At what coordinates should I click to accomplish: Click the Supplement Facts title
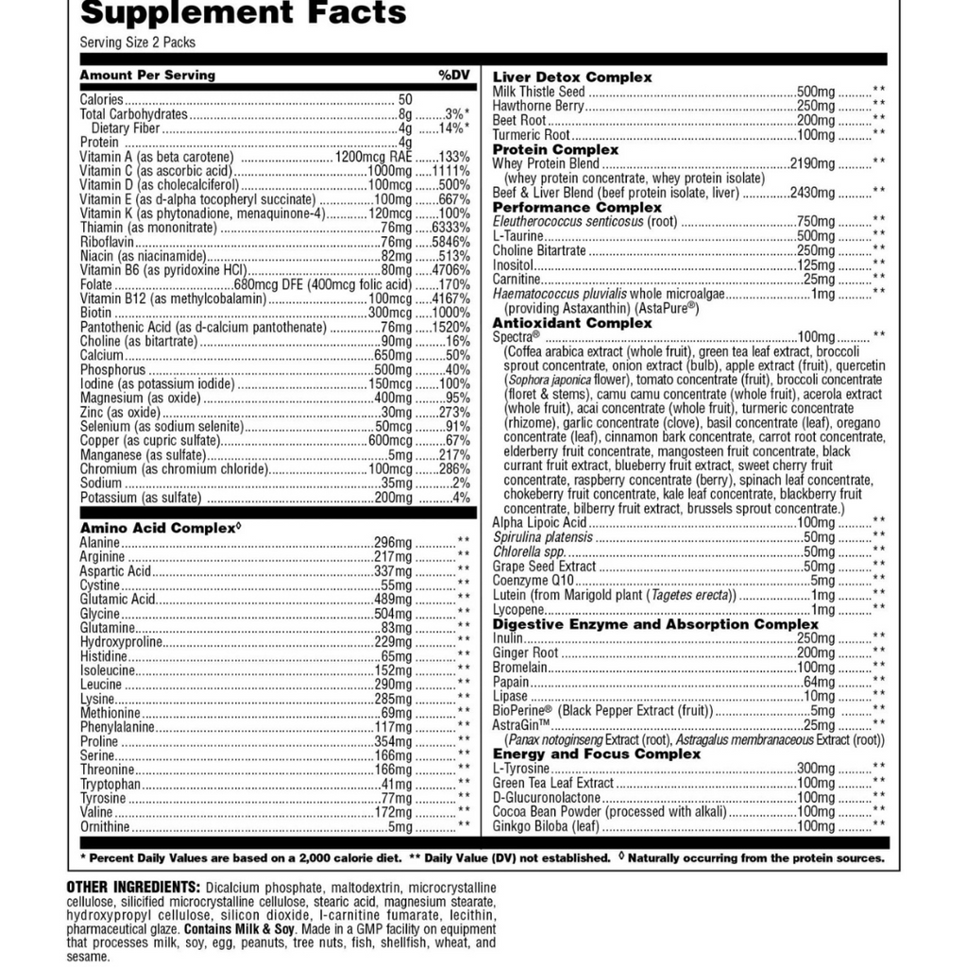(243, 13)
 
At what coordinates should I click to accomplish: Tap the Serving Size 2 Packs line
(138, 42)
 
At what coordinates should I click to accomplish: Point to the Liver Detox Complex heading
(572, 77)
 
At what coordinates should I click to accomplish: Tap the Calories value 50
(405, 99)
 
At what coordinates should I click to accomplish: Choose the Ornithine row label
(105, 826)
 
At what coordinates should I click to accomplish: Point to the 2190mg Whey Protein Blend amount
(812, 163)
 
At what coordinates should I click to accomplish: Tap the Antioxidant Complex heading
(572, 323)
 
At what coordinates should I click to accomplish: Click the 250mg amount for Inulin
(816, 638)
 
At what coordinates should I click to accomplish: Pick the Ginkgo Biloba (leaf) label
(546, 826)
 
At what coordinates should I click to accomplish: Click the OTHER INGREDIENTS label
(133, 888)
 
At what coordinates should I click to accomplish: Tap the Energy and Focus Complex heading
(597, 754)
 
